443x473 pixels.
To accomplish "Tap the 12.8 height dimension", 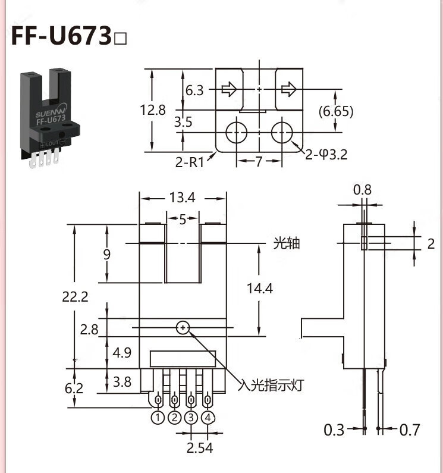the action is pyautogui.click(x=153, y=110).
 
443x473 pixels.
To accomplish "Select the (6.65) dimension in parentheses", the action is pyautogui.click(x=336, y=111).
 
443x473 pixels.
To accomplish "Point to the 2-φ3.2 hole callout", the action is pyautogui.click(x=326, y=155).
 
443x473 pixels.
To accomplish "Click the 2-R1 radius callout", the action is pyautogui.click(x=190, y=162).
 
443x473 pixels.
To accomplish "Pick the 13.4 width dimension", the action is pyautogui.click(x=182, y=198).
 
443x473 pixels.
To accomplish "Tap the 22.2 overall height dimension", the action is pyautogui.click(x=75, y=296).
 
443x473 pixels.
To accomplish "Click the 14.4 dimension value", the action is pyautogui.click(x=260, y=289).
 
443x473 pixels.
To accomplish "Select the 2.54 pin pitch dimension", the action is pyautogui.click(x=200, y=447).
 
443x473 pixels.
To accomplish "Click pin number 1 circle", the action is pyautogui.click(x=158, y=418).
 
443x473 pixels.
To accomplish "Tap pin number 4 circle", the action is pyautogui.click(x=208, y=418).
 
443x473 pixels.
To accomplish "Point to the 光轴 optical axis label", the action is pyautogui.click(x=287, y=243).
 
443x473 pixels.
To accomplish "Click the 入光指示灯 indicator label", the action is pyautogui.click(x=270, y=385).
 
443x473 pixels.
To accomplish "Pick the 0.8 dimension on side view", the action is pyautogui.click(x=362, y=190).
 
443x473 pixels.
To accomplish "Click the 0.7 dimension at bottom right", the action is pyautogui.click(x=410, y=430).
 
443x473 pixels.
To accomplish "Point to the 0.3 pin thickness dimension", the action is pyautogui.click(x=334, y=430).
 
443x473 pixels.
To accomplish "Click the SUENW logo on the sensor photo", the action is pyautogui.click(x=51, y=110).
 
